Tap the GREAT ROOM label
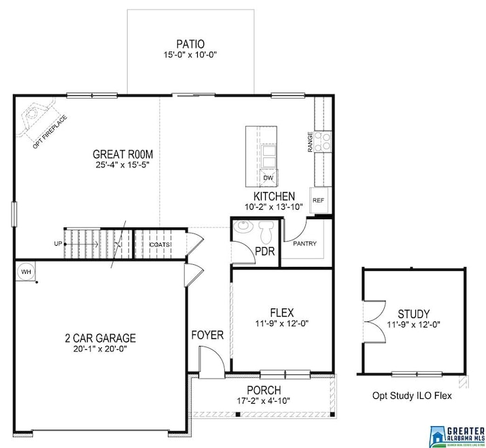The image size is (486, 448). pyautogui.click(x=123, y=153)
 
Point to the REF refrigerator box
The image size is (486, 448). pyautogui.click(x=318, y=200)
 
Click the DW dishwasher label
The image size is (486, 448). pyautogui.click(x=268, y=178)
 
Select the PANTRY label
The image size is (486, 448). pyautogui.click(x=305, y=243)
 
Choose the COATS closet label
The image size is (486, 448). pyautogui.click(x=160, y=244)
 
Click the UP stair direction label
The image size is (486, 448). pyautogui.click(x=58, y=244)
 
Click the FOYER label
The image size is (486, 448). pyautogui.click(x=207, y=335)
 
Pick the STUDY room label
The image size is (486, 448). pyautogui.click(x=413, y=314)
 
